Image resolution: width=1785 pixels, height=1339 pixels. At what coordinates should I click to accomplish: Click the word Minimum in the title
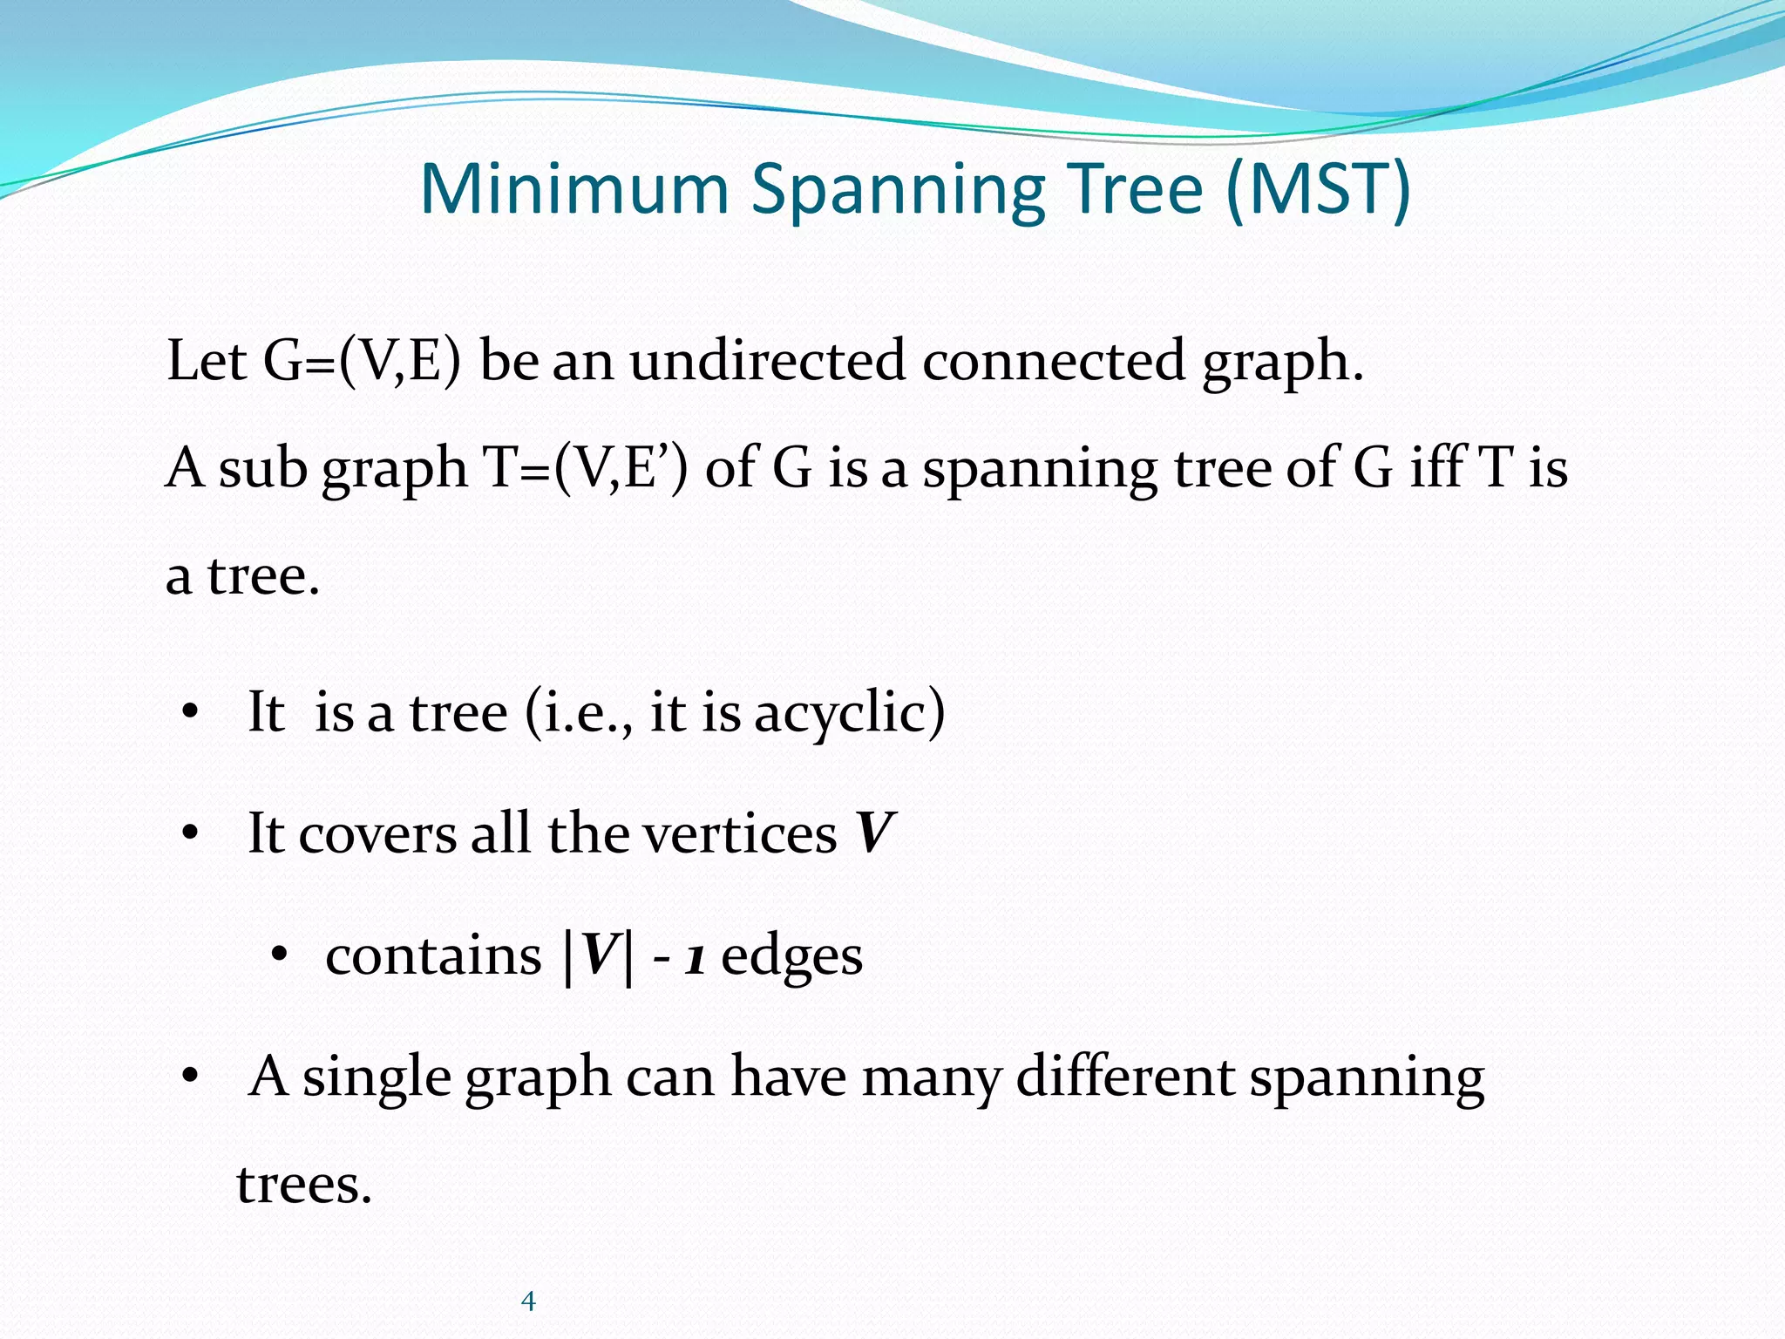574,189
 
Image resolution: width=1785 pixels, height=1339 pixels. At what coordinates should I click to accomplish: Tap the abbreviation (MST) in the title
1317,189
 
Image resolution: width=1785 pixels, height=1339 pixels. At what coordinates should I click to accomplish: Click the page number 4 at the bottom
527,1302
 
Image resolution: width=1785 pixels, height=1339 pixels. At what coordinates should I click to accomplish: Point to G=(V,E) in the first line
362,361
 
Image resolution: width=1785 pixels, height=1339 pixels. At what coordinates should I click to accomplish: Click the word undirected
768,361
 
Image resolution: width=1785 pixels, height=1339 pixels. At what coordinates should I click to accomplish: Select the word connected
1054,361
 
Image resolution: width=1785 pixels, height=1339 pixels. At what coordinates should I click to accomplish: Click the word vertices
740,834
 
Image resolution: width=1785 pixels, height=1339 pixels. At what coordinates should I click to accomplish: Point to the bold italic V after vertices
874,834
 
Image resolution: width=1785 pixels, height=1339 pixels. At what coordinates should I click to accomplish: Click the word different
1124,1077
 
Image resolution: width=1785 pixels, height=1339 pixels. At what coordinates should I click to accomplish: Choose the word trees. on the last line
304,1186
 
